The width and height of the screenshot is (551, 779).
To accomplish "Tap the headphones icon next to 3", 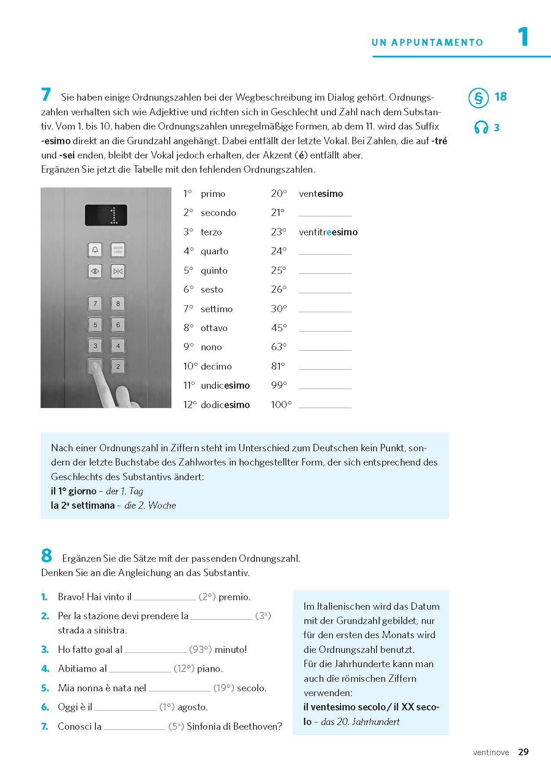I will (481, 127).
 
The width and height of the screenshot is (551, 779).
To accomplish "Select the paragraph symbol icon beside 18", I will (478, 98).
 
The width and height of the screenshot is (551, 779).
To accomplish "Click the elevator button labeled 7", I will (95, 304).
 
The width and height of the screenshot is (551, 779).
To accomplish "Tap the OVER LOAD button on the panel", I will (118, 250).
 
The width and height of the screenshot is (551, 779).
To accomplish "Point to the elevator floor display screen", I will (106, 215).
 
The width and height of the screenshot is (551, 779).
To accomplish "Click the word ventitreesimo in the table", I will (328, 232).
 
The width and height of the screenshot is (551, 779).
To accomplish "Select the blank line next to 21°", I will (325, 213).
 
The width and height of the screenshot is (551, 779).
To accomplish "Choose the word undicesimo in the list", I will (225, 386).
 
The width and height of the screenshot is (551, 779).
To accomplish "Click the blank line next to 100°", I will (325, 405).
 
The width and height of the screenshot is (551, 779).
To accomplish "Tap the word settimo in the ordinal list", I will (216, 309).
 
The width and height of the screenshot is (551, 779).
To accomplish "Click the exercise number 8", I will (47, 556).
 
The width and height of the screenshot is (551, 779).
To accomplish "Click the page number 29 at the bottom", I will (523, 752).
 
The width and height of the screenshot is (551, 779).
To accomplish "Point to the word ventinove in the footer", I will (491, 753).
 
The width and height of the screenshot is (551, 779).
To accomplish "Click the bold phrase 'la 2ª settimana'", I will (82, 505).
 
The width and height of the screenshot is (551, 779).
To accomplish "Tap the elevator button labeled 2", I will (118, 367).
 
